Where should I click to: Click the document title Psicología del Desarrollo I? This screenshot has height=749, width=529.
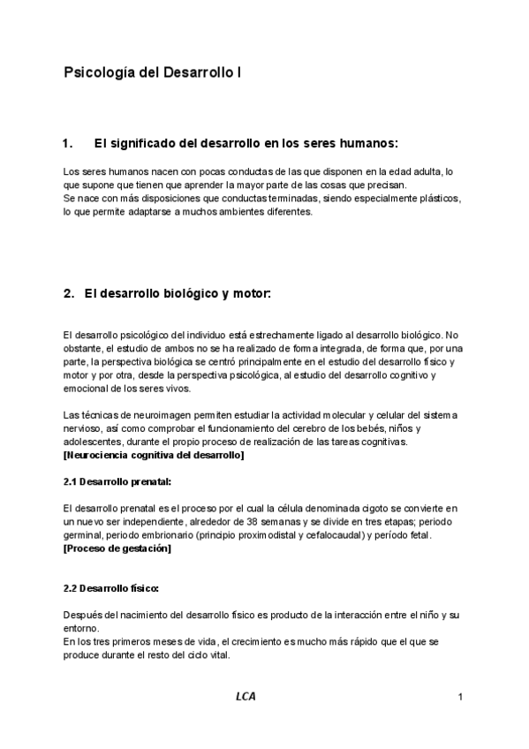click(x=153, y=74)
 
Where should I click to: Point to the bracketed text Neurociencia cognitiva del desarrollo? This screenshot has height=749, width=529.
click(x=155, y=455)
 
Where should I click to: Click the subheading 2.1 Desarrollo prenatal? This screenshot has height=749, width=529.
click(x=117, y=481)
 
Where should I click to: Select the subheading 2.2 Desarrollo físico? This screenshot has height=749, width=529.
click(x=111, y=587)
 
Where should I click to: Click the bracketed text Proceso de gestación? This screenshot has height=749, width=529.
click(x=117, y=549)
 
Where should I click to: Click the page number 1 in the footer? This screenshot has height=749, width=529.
click(x=460, y=699)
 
